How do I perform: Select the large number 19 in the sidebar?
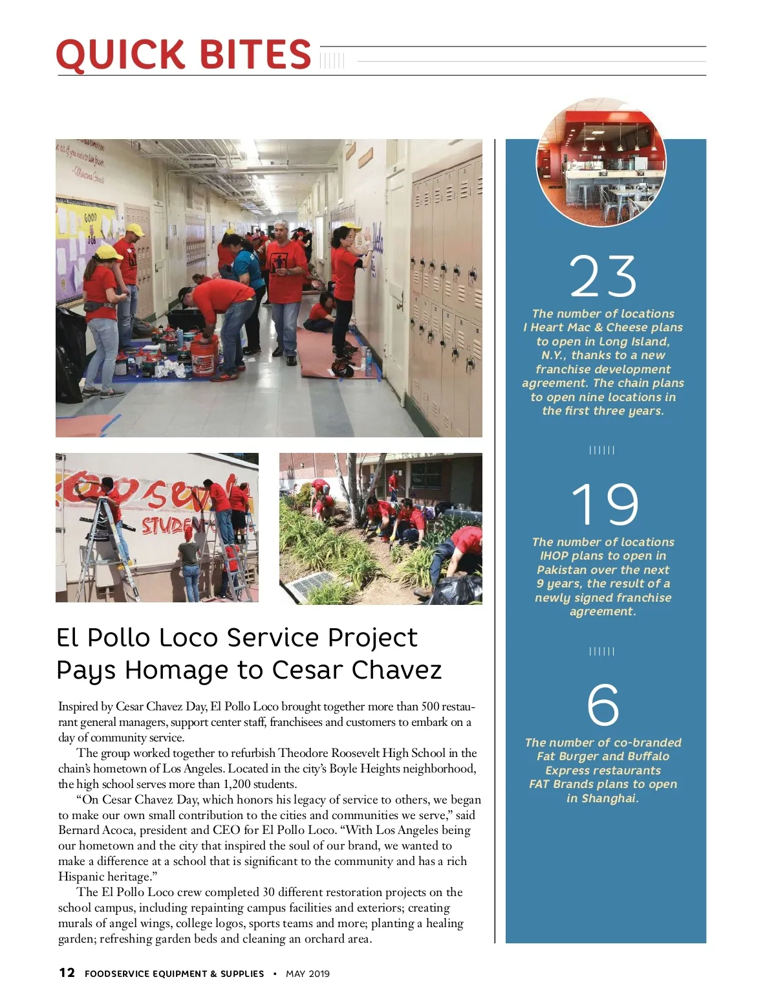point(605,504)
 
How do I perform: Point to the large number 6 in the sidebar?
point(603,705)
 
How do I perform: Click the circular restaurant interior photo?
point(602,162)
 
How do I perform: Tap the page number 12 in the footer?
point(67,972)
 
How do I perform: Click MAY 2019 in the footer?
point(308,974)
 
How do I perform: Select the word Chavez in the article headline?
point(396,670)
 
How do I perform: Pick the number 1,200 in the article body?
point(236,784)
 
